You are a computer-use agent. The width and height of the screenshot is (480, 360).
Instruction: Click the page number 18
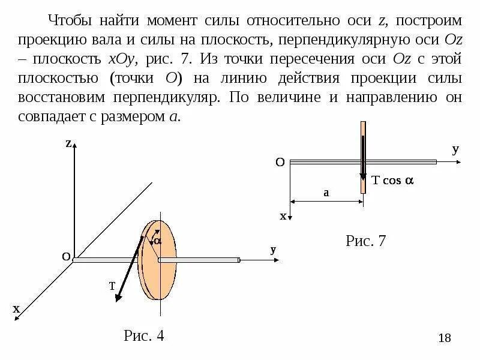[x=445, y=338]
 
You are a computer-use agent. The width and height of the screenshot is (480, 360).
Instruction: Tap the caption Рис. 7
[x=366, y=241]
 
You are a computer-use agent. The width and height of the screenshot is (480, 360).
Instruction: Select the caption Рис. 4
[x=144, y=335]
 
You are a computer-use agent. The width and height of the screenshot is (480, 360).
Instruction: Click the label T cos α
[x=394, y=181]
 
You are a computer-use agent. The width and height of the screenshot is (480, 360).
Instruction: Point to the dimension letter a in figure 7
[x=326, y=193]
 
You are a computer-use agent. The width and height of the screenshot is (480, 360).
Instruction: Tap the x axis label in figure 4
[x=16, y=309]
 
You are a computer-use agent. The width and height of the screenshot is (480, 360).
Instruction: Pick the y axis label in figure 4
[x=273, y=250]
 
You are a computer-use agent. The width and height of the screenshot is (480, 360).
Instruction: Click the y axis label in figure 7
[x=455, y=150]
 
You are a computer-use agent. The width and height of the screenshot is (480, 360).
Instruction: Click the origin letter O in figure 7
[x=280, y=163]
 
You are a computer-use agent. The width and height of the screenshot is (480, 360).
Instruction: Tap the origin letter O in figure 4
[x=66, y=257]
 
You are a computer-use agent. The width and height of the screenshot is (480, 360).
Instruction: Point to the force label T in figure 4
[x=112, y=287]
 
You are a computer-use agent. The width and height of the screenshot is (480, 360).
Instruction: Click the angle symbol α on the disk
[x=158, y=240]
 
